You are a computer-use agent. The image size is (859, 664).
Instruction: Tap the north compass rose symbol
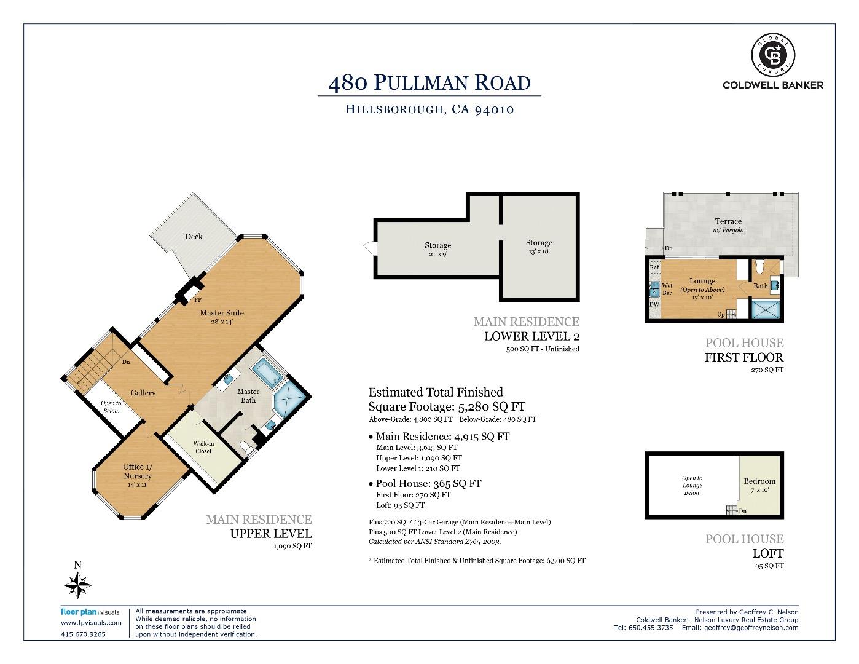tap(78, 585)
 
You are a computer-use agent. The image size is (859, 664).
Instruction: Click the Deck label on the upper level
tap(194, 237)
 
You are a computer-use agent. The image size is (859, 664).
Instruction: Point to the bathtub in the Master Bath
tap(267, 373)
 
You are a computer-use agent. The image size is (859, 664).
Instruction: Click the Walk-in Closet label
tap(203, 447)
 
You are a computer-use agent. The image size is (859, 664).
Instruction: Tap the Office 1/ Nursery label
tap(137, 472)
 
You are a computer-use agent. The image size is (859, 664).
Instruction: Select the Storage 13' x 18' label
tap(539, 247)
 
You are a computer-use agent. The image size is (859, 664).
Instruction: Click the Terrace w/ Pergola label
tap(728, 225)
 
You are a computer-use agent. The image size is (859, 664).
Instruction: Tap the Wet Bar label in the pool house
tap(667, 289)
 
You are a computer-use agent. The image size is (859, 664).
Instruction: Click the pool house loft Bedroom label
tap(759, 485)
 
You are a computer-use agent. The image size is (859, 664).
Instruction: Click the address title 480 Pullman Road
tap(429, 82)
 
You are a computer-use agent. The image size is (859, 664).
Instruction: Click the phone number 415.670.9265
tap(83, 634)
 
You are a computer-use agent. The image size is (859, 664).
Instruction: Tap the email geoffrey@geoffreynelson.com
tap(751, 628)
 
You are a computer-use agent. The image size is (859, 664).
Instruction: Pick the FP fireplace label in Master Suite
tap(198, 300)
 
